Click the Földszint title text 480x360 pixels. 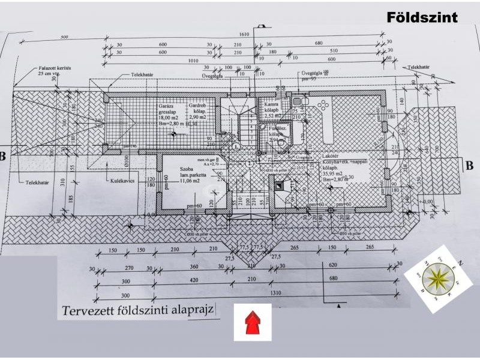coord(422,17)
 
